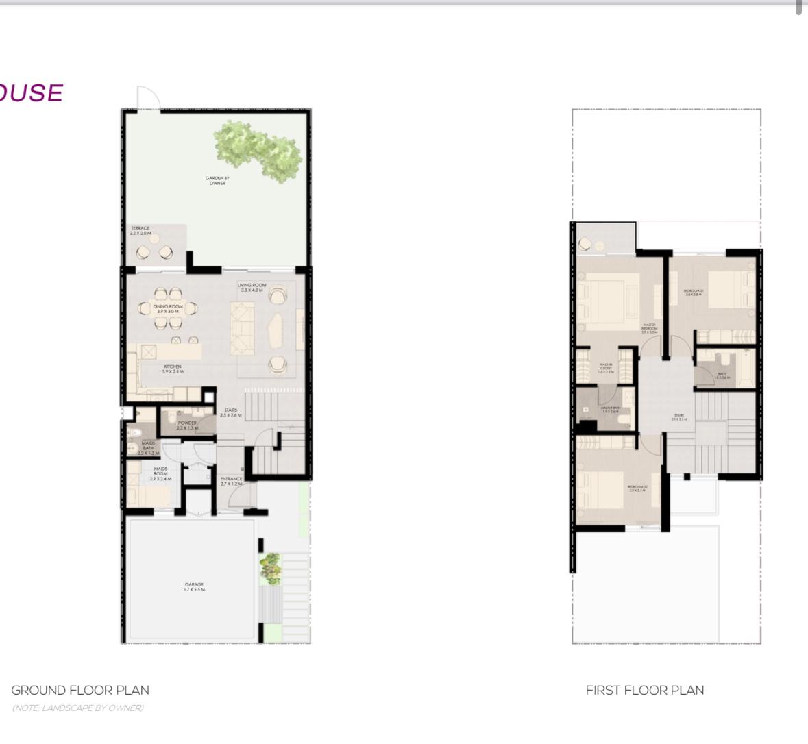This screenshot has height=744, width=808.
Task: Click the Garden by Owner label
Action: (x=217, y=181)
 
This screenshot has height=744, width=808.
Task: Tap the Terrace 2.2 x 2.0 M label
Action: (x=140, y=231)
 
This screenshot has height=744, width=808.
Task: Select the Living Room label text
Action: (x=252, y=288)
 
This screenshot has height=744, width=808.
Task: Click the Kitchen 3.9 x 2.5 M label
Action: (x=172, y=369)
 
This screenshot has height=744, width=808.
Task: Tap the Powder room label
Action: (x=187, y=425)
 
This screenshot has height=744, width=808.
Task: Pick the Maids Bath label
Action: (x=148, y=448)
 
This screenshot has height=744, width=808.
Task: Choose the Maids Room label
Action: (x=160, y=473)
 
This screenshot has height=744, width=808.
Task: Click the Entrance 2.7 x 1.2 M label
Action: (x=232, y=481)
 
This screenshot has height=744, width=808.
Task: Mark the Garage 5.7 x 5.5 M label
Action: (x=194, y=587)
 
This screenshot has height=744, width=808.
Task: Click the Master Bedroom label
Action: (x=649, y=328)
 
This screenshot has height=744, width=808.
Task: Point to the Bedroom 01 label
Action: (x=694, y=293)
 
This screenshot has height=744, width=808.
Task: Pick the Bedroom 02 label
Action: (x=637, y=488)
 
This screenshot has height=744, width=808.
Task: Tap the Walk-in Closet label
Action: (x=606, y=369)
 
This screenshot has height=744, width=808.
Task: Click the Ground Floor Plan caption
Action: (x=80, y=690)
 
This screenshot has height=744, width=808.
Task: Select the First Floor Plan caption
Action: (x=644, y=690)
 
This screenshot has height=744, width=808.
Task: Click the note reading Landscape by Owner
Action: (x=77, y=708)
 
